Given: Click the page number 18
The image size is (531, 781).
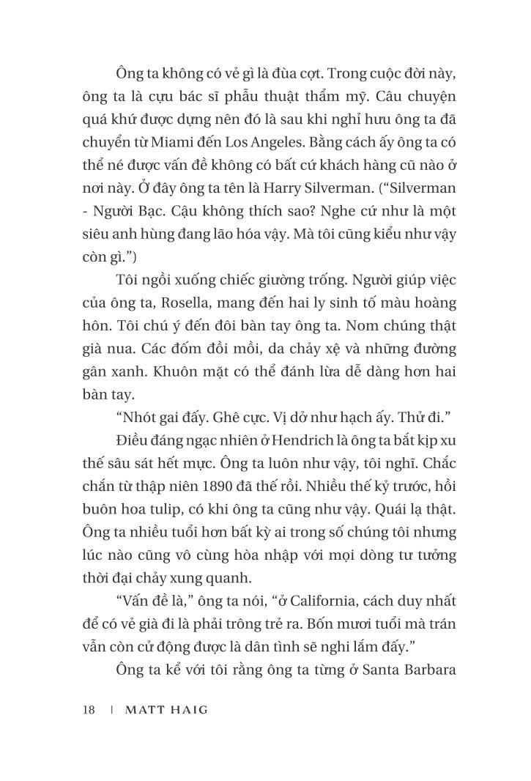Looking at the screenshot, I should (89, 709).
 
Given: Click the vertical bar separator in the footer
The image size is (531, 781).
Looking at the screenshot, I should (111, 709).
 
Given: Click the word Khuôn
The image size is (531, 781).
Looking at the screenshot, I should (176, 371).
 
